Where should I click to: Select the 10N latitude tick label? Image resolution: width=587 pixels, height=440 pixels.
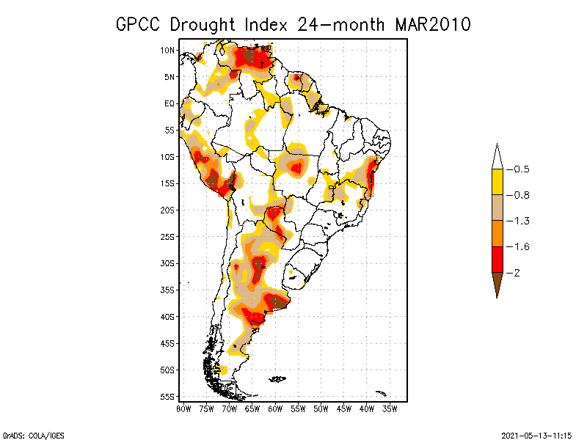coord(167,50)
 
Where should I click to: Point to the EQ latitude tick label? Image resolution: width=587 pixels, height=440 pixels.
coord(169,103)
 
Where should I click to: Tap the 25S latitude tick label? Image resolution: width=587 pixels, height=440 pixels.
coord(167,236)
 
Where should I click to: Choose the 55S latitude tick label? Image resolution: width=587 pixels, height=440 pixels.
coord(167,396)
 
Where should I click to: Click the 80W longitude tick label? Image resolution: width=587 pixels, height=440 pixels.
coord(183,408)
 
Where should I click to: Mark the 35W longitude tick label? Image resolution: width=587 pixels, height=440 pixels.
coord(390,408)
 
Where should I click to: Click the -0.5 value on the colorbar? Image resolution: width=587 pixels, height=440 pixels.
coord(520,169)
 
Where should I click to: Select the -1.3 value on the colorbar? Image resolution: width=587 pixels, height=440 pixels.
coord(520,221)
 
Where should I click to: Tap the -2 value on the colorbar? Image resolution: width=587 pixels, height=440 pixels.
coord(516,273)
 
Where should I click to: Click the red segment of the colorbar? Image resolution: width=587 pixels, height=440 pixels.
coord(497,260)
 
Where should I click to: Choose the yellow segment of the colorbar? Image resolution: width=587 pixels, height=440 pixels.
coord(497,182)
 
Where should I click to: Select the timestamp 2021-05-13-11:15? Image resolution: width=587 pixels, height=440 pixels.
coord(536,434)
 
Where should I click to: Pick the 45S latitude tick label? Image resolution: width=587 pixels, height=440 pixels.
coord(167,342)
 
